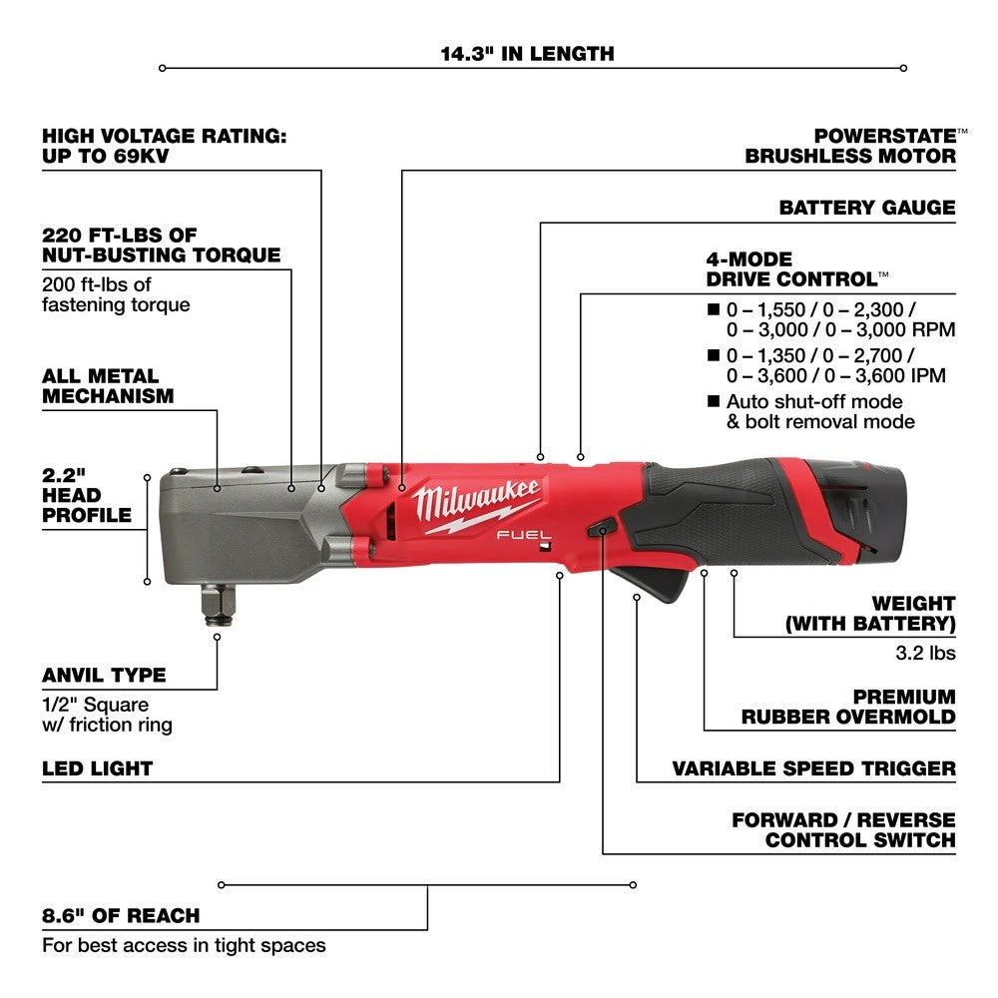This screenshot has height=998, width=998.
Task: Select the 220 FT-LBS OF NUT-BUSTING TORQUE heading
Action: coord(161,245)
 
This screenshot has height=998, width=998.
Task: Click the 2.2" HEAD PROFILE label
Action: coord(87,495)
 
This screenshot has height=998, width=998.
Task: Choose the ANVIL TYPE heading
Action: coord(104,676)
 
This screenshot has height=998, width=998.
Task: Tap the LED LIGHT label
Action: coord(97,769)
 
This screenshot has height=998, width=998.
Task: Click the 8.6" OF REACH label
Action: coord(121,915)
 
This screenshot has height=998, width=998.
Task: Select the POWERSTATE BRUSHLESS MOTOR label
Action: coord(850,146)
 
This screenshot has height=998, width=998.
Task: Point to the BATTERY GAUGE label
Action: coord(866,209)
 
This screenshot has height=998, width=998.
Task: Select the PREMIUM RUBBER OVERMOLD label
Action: coord(847,707)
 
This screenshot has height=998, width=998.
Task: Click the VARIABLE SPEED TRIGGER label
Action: coord(813,768)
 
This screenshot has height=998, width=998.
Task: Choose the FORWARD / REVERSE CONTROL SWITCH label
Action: coord(843,829)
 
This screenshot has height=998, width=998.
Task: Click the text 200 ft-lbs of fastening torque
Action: coord(115,294)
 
